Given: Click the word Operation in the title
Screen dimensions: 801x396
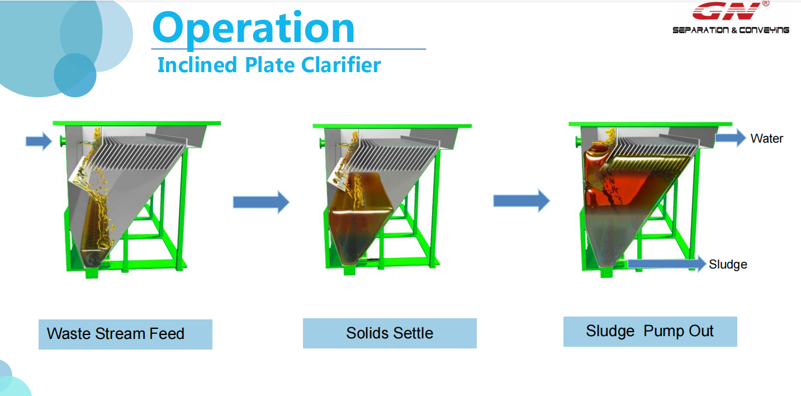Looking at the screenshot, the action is (x=254, y=29).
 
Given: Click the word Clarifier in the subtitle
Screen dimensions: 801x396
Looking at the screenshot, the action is (x=341, y=65).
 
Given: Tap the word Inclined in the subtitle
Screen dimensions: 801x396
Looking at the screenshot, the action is (x=197, y=65).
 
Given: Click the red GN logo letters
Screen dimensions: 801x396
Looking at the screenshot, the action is (x=727, y=11).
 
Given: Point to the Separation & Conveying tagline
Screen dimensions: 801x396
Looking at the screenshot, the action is (x=731, y=30).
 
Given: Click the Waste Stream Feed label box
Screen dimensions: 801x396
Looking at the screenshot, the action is (x=125, y=334).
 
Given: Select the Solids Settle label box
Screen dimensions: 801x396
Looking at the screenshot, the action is (x=390, y=333).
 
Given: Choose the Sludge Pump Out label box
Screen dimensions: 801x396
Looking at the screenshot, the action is (x=650, y=332).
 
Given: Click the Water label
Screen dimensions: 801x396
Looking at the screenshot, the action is (x=767, y=139).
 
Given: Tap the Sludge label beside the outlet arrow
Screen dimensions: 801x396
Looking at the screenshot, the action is (x=728, y=265).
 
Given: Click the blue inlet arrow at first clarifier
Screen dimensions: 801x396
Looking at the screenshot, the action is (x=39, y=142).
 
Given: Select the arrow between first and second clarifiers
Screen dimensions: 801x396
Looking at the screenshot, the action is (x=261, y=202).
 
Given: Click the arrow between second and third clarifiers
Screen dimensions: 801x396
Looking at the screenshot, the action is (x=522, y=201).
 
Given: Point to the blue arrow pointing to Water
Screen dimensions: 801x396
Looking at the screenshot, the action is (x=731, y=138).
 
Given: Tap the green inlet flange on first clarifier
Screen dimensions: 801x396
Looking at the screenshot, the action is (x=63, y=142).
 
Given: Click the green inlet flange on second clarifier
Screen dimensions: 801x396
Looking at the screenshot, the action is (x=322, y=144).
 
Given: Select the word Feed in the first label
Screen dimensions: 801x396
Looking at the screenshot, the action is (x=167, y=334).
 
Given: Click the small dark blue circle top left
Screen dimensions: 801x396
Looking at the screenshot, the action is (x=75, y=75).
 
